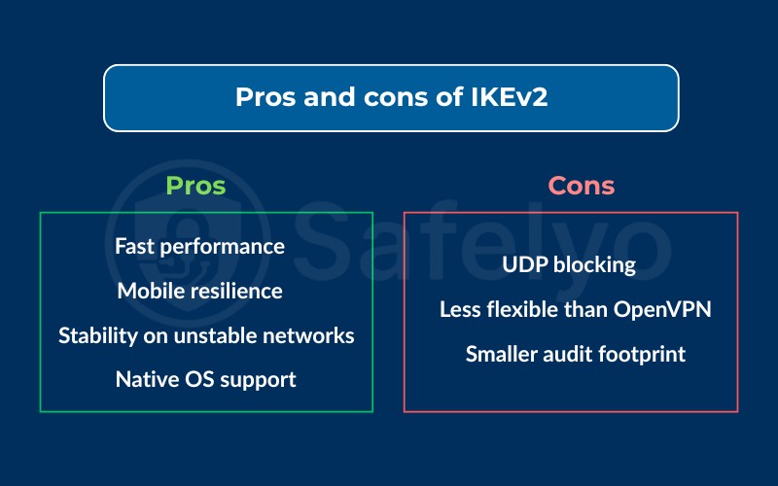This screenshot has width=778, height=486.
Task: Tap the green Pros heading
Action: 195,186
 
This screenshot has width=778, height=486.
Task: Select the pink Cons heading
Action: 582,186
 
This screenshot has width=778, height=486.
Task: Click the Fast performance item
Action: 199,246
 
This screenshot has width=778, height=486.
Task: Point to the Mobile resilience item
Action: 199,291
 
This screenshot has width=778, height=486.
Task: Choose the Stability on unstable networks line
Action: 206,335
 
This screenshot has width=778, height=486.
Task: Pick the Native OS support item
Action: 205,379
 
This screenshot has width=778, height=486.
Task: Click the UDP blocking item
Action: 569,264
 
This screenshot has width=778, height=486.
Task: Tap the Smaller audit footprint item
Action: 575,354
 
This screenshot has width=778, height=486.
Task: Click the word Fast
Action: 135,246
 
